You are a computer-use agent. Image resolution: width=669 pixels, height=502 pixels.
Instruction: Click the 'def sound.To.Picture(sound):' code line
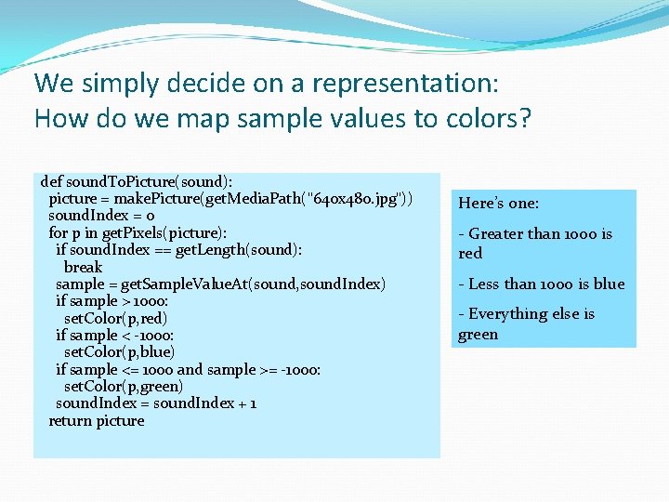click(x=137, y=181)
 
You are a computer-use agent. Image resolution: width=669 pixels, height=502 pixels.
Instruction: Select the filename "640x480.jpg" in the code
click(x=359, y=198)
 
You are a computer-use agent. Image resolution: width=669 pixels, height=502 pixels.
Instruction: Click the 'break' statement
click(x=83, y=267)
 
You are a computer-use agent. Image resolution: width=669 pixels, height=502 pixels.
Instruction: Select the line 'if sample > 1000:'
click(x=112, y=300)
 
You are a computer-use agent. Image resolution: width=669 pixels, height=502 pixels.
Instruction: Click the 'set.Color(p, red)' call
click(x=115, y=318)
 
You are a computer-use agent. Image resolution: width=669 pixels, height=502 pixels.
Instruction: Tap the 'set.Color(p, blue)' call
click(x=119, y=351)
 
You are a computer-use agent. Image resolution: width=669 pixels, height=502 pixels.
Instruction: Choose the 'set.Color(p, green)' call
click(x=124, y=386)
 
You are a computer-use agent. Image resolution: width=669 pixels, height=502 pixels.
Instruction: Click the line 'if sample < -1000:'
click(x=115, y=335)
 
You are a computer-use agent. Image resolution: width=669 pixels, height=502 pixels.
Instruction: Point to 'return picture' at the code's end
click(x=97, y=420)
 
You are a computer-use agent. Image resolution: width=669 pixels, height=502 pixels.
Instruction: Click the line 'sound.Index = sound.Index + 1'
click(x=156, y=403)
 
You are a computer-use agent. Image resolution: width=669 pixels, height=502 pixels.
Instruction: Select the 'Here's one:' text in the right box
click(x=499, y=204)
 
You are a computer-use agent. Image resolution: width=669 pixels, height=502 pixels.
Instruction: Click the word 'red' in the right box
click(x=470, y=254)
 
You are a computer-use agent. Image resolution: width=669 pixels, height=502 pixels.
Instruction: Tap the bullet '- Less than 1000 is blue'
click(x=542, y=284)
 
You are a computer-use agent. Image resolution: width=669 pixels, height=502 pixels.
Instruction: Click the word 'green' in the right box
click(x=479, y=335)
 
